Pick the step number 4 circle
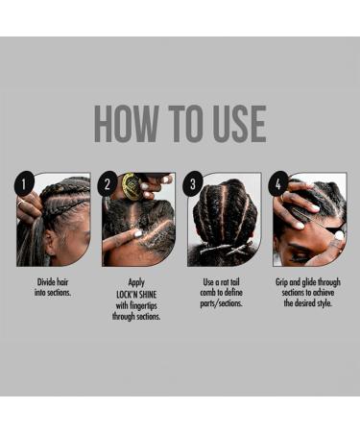pos(279,182)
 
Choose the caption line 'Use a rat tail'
pos(223,282)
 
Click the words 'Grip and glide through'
pos(307,282)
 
